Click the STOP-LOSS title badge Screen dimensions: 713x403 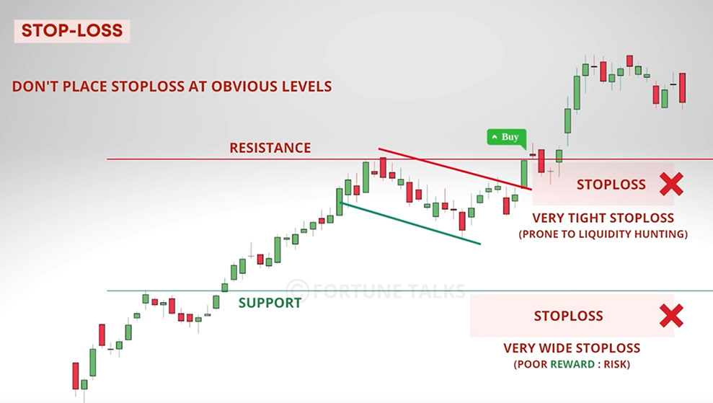point(72,31)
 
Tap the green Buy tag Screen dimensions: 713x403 point(507,137)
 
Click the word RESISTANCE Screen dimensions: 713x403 point(270,148)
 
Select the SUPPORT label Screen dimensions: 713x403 point(270,303)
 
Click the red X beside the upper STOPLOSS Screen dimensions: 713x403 point(671,185)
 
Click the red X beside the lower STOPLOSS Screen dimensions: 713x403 point(671,316)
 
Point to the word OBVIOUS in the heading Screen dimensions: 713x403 point(242,87)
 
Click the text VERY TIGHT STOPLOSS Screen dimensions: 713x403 point(603,218)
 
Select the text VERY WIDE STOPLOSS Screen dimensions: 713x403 point(572,348)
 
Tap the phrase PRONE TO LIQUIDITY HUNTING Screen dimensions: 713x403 point(603,234)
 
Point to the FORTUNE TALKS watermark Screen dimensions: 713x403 point(376,291)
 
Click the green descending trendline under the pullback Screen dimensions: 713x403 point(410,223)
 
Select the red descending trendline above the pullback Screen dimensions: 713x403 point(455,168)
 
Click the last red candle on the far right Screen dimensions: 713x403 point(683,88)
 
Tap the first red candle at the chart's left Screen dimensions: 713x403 point(76,376)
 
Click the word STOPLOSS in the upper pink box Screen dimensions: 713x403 point(611,185)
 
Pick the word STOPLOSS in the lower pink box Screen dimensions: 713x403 point(568,316)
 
